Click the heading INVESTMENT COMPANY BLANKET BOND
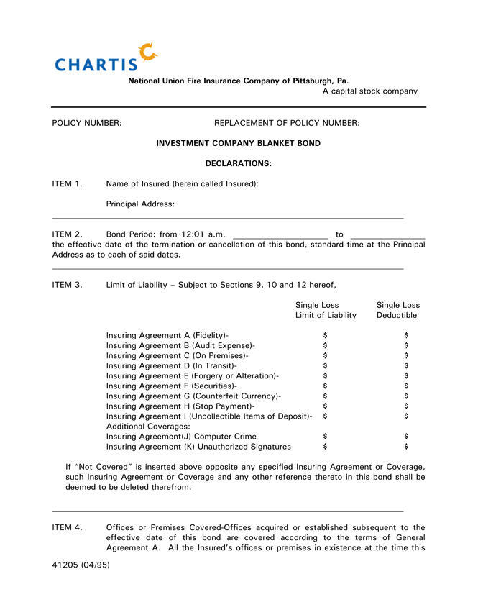(x=239, y=143)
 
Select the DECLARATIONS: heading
(x=239, y=163)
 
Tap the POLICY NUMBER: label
(x=87, y=123)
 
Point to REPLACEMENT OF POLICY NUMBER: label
(x=287, y=123)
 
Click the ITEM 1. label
(x=68, y=183)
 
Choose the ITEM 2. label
(x=68, y=234)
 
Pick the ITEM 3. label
(x=68, y=284)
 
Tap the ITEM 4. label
(x=68, y=527)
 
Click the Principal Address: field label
(x=140, y=204)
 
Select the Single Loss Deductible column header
(x=398, y=310)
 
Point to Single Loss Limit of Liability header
(x=326, y=310)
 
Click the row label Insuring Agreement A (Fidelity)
(x=167, y=335)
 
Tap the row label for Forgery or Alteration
(x=193, y=375)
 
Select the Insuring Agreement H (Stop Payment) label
(x=180, y=406)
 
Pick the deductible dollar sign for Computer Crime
(x=406, y=436)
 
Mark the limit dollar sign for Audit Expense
(x=326, y=345)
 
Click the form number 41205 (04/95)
(x=81, y=565)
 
